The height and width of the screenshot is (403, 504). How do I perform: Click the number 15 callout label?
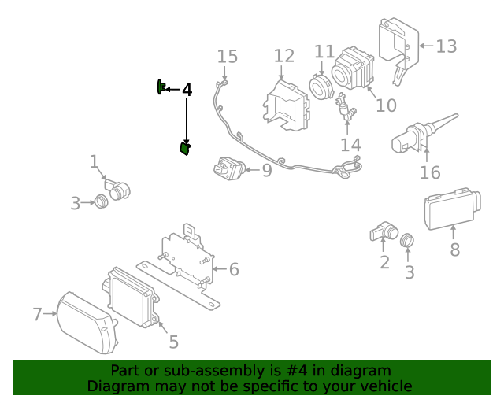pyautogui.click(x=227, y=57)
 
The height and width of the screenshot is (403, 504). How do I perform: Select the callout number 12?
pyautogui.click(x=283, y=56)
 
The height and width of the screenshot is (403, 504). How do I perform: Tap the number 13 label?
pyautogui.click(x=446, y=46)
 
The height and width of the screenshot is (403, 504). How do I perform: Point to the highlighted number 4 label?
pyautogui.click(x=187, y=91)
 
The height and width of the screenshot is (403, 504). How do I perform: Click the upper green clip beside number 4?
pyautogui.click(x=161, y=87)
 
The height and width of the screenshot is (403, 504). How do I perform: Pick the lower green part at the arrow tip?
pyautogui.click(x=185, y=148)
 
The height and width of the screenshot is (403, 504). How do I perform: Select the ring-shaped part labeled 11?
pyautogui.click(x=321, y=84)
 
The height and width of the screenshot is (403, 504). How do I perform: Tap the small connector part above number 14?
pyautogui.click(x=346, y=109)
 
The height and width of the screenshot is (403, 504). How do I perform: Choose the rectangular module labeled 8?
pyautogui.click(x=452, y=209)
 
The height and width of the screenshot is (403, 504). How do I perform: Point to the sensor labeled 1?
pyautogui.click(x=118, y=189)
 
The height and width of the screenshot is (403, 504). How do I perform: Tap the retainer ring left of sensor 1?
pyautogui.click(x=101, y=201)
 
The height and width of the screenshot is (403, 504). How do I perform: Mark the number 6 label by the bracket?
pyautogui.click(x=233, y=270)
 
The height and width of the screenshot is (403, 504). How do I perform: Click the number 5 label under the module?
pyautogui.click(x=174, y=342)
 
